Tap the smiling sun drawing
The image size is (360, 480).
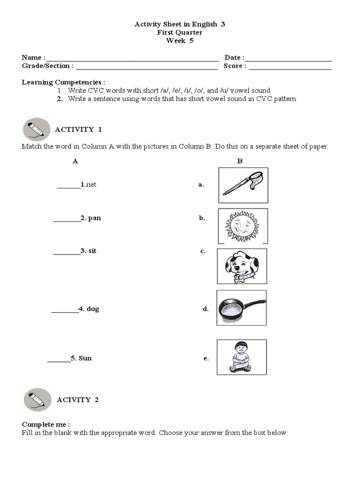243,225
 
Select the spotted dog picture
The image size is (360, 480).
242,266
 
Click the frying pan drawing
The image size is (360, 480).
241,307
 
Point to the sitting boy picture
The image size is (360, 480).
241,357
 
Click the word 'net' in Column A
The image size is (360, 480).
90,185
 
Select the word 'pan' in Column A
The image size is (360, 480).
94,218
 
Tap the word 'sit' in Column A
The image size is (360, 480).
92,251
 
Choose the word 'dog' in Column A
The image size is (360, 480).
93,309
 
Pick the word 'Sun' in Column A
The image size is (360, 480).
85,358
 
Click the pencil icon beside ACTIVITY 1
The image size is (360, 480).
36,129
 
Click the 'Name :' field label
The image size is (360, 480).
33,58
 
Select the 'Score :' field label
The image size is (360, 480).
235,66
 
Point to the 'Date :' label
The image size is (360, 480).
234,58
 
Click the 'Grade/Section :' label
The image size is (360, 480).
47,66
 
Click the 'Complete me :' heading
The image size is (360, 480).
45,425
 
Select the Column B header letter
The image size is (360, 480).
240,161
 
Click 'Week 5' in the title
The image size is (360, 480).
180,41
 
